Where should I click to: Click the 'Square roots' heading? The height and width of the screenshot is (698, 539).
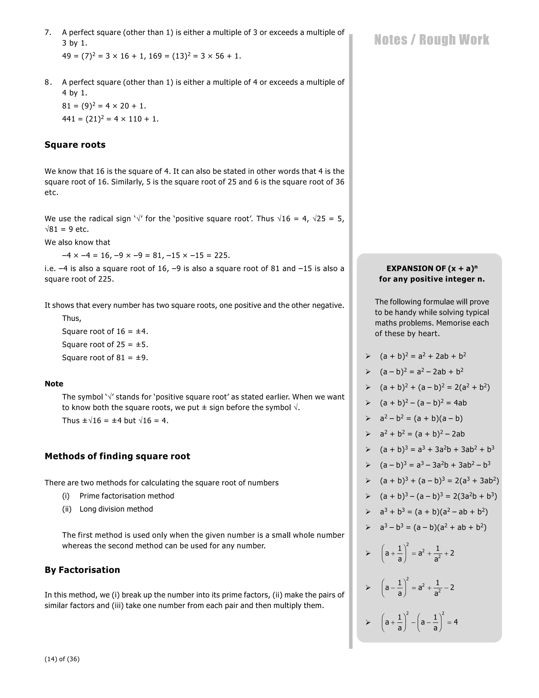click(x=75, y=145)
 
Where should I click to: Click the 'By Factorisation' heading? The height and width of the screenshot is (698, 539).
click(x=82, y=570)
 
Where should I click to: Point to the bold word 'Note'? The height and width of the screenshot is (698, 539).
click(x=54, y=384)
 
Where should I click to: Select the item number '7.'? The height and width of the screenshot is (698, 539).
click(x=48, y=32)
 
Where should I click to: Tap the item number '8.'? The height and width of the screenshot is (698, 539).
click(x=48, y=82)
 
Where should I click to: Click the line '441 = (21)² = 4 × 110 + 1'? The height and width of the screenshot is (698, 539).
click(x=110, y=119)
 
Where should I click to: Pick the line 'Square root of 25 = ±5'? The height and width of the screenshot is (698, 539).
click(x=105, y=345)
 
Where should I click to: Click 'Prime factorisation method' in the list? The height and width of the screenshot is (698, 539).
click(x=127, y=496)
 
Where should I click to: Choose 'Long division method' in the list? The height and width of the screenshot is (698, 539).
click(x=116, y=509)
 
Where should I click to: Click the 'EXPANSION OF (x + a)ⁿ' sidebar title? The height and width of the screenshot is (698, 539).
click(x=432, y=268)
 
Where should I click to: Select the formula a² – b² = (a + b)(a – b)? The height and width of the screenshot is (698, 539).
click(x=421, y=418)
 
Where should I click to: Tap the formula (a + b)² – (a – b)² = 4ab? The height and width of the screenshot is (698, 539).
click(x=423, y=403)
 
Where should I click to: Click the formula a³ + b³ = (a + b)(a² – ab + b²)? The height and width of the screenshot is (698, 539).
click(x=434, y=512)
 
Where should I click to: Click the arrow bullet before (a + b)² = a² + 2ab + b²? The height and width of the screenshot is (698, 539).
click(x=368, y=356)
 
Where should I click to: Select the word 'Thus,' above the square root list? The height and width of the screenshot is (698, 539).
click(x=72, y=318)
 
